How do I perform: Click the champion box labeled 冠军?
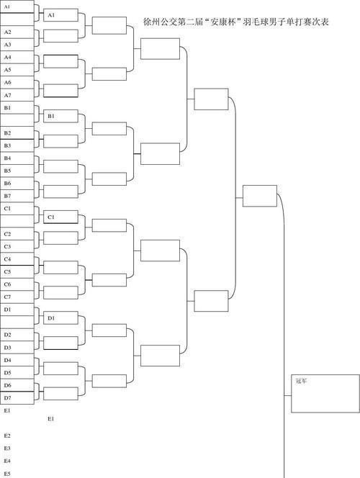point(325,394)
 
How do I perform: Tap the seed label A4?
point(8,58)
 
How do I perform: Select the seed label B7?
point(8,196)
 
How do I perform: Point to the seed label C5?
point(8,271)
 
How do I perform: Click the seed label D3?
point(8,347)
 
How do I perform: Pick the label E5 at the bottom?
point(8,474)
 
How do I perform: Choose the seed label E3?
point(8,448)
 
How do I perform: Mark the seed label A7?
point(8,95)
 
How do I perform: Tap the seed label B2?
point(8,133)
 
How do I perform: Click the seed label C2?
point(8,234)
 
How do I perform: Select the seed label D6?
point(8,385)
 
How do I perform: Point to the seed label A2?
point(8,32)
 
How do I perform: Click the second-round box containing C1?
point(60,217)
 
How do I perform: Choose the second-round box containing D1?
point(60,318)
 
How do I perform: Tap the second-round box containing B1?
point(60,116)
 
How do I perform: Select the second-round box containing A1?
point(60,15)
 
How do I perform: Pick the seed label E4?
point(8,461)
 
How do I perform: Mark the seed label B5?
point(8,171)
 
